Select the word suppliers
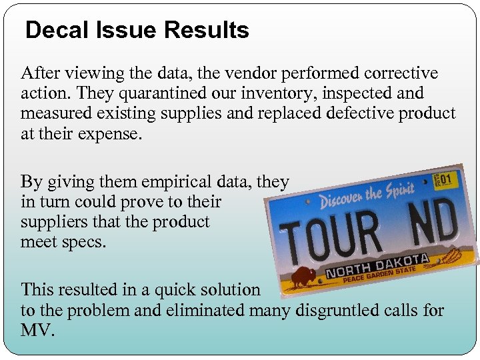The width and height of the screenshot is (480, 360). pos(52,222)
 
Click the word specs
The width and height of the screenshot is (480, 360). pos(84,242)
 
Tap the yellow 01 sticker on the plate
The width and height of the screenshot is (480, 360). pos(443,178)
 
